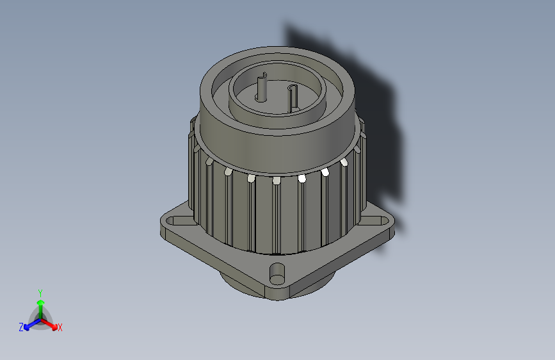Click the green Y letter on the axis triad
40,291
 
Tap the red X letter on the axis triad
60,328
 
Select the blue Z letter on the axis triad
21,327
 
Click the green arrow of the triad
40,302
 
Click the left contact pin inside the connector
261,88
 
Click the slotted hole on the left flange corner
172,221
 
